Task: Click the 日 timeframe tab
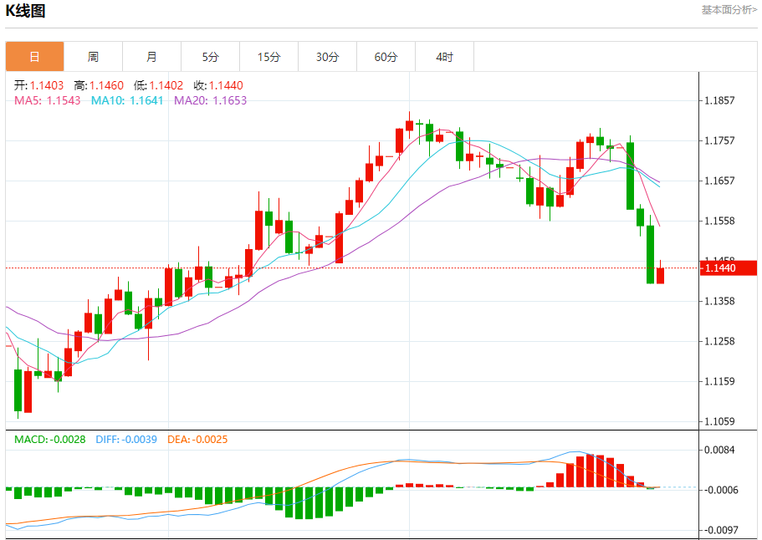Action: click(x=35, y=57)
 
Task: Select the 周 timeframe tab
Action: click(x=93, y=57)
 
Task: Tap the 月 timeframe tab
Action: click(x=151, y=57)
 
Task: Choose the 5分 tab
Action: click(x=210, y=57)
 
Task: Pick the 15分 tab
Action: click(x=268, y=57)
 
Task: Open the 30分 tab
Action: click(x=328, y=57)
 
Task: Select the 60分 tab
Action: click(x=386, y=57)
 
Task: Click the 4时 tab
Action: click(x=445, y=57)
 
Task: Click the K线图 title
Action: click(x=26, y=11)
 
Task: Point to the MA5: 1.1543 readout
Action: click(x=48, y=100)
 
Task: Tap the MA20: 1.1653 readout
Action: click(x=211, y=100)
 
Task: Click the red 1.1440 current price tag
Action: click(x=729, y=267)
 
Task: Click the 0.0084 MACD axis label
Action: click(x=719, y=451)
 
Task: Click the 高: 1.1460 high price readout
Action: click(x=99, y=85)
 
